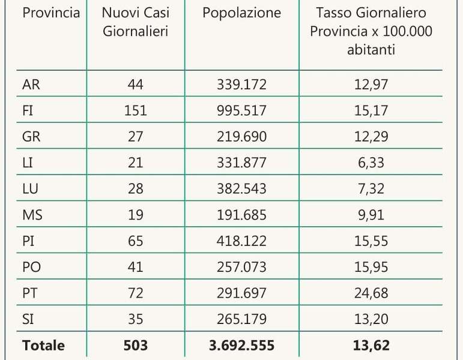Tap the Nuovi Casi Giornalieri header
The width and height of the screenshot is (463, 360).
coord(135,22)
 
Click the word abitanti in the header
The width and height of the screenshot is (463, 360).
coord(371,50)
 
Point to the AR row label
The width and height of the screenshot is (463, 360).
coord(31,85)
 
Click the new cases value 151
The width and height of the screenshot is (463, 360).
coord(135,110)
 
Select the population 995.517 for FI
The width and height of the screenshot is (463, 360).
coord(241,110)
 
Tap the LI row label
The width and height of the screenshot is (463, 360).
coord(28,163)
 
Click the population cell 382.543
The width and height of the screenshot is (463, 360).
coord(241,188)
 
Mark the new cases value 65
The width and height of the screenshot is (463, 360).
coord(135,241)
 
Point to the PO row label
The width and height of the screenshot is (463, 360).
coord(31,267)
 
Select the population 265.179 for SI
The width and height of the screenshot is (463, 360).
coord(241,319)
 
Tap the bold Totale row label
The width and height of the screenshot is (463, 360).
coord(43,346)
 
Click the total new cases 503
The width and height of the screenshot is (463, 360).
coord(135,346)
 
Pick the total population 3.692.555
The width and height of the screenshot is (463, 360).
coord(241,346)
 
